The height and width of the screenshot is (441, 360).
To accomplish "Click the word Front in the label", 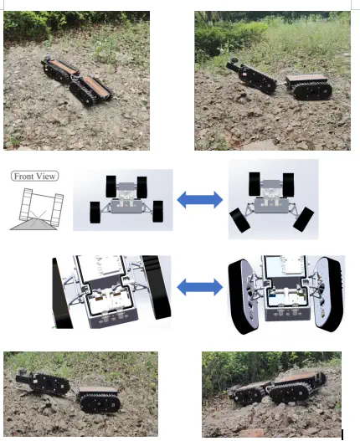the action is (x=23, y=177).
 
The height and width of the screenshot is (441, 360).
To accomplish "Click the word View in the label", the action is (x=45, y=177).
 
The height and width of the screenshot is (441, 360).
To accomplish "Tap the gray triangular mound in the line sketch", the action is (x=33, y=224).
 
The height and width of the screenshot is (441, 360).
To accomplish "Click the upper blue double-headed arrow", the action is (x=200, y=200).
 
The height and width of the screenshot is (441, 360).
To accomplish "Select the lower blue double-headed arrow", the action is (x=200, y=287).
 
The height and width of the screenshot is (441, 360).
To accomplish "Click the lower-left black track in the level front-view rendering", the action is (x=95, y=213).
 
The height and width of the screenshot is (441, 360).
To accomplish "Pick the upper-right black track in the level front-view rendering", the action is (x=141, y=187).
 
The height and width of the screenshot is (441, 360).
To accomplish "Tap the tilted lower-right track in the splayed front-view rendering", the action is (x=303, y=219).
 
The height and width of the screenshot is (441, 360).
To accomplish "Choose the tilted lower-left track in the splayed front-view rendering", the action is (x=239, y=221).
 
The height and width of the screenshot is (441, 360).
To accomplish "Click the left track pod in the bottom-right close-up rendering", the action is (x=243, y=296).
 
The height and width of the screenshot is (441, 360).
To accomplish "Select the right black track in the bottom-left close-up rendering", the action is (x=157, y=287).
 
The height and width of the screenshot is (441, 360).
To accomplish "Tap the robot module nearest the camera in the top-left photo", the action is (x=91, y=90).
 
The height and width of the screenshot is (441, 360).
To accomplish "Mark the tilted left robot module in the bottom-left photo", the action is (x=43, y=382).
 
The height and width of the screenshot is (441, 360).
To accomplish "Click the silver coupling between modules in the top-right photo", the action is (x=281, y=82).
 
